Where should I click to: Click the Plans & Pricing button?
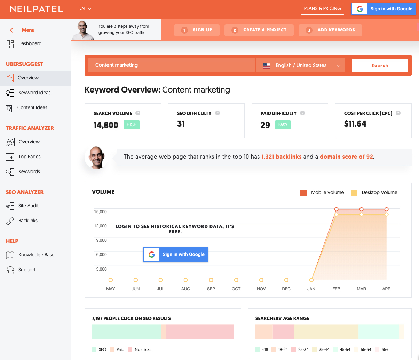pos(322,9)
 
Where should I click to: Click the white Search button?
pos(380,65)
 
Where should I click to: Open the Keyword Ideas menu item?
pos(34,93)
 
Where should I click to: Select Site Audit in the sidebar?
pos(28,206)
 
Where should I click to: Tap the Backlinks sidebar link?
pos(28,221)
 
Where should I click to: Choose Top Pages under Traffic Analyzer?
pos(29,157)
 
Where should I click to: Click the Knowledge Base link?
pos(36,255)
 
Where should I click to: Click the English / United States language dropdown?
pos(301,65)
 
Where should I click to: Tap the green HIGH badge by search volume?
pos(132,125)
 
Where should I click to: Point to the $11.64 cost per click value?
pos(355,124)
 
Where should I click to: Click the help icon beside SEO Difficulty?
pos(218,113)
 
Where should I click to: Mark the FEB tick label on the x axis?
pos(336,289)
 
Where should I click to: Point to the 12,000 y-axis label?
pos(100,226)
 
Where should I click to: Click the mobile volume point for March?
pos(362,209)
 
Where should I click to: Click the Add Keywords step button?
pos(330,30)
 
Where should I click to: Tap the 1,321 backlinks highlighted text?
pos(281,157)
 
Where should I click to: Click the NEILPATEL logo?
pos(36,9)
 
